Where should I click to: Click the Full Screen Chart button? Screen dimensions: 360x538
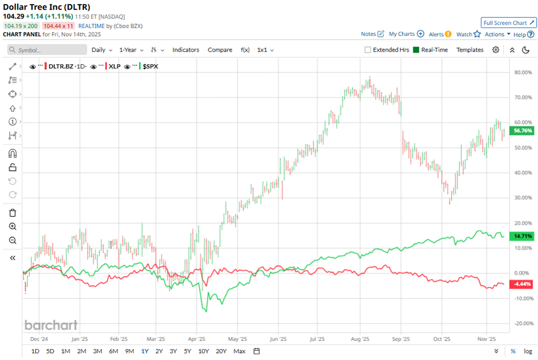coord(508,23)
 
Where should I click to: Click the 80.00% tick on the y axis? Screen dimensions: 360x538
coord(524,73)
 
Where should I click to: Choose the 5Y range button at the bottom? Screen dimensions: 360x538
coord(187,351)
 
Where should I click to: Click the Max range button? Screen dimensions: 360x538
coord(239,351)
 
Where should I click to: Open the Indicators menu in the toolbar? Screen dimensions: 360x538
coord(186,50)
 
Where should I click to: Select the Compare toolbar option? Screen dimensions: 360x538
coord(220,50)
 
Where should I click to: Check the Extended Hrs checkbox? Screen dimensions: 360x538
coord(368,50)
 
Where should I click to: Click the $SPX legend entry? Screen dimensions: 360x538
coord(151,66)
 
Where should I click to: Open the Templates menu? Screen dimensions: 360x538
coord(470,50)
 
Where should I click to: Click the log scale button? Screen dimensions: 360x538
coord(528,351)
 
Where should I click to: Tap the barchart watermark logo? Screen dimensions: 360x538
coord(51,326)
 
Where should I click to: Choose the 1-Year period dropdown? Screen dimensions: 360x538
coord(130,50)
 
